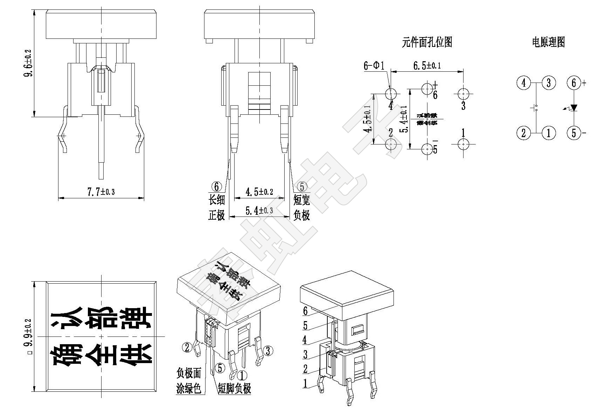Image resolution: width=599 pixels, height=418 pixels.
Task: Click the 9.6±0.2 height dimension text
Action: pos(28,63)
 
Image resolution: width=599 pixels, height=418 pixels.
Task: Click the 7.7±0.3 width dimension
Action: pos(101,192)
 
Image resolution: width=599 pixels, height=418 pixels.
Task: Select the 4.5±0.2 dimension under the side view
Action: pos(259,192)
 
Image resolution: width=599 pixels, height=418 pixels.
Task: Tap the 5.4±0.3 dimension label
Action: pos(259,211)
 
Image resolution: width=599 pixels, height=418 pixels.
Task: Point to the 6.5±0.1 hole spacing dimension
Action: pos(427,65)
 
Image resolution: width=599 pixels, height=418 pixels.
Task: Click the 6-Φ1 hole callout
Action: pos(374,65)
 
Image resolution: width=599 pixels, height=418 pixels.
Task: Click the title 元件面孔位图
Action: pos(427,42)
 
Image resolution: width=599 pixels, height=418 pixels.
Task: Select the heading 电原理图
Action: pos(548,42)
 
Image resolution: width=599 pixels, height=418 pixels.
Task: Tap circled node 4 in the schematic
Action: pos(523,83)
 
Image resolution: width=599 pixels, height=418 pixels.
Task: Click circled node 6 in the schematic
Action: pos(573,83)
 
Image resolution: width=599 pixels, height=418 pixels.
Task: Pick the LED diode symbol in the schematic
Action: pos(573,108)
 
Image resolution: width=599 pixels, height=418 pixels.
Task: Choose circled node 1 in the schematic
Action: pos(549,133)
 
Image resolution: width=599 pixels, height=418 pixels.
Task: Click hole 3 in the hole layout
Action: pos(464,94)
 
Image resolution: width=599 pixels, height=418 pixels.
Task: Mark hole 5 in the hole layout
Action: pos(427,149)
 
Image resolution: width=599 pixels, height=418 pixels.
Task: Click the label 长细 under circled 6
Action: pos(216,200)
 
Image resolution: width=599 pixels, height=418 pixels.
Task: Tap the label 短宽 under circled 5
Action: pos(302,200)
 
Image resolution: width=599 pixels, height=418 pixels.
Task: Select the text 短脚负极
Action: pos(234,388)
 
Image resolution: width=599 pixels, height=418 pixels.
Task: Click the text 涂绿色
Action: pos(189,388)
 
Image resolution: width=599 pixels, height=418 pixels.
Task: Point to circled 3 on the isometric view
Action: pos(268,350)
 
